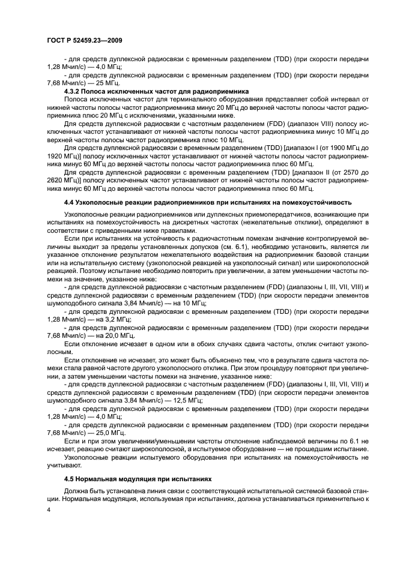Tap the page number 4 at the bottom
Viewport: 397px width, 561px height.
tap(49, 511)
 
